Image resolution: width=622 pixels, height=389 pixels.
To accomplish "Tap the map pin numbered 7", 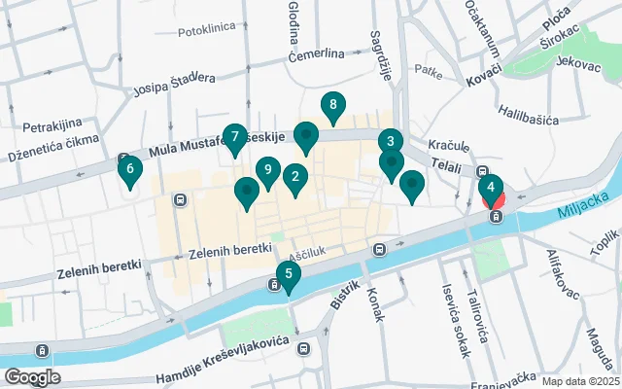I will coord(234,137).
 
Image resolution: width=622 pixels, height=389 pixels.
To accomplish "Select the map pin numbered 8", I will coord(333,105).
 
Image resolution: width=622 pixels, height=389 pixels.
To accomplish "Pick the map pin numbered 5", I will coord(288,275).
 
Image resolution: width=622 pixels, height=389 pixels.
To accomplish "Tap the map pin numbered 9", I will coord(268,170).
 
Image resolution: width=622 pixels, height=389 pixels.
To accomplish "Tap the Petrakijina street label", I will coord(52,126).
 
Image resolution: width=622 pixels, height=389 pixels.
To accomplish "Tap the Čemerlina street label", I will coord(317,54).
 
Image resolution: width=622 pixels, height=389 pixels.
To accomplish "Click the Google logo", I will coord(32,376).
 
